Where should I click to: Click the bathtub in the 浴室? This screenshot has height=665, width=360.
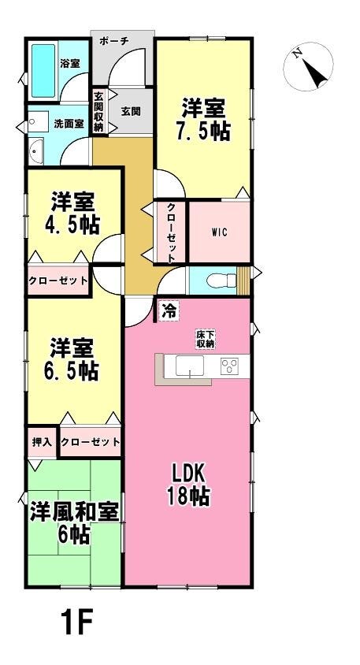coord(43,70)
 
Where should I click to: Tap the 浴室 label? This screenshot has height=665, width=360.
coord(69,64)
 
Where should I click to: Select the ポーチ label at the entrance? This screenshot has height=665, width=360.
coord(114,41)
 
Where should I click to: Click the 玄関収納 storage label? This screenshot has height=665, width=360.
coord(98,113)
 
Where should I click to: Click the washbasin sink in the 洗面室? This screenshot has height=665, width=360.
coord(36,151)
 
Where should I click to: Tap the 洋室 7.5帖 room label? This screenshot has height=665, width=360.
coord(203,120)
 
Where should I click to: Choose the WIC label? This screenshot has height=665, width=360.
coord(220,232)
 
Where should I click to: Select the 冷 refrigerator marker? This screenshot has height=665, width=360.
coord(169,312)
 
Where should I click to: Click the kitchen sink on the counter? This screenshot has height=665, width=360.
coord(190,366)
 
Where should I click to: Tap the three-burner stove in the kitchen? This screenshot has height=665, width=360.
coord(229,366)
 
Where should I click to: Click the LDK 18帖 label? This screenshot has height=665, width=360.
coord(189,485)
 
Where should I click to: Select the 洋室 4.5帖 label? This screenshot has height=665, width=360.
coord(72,214)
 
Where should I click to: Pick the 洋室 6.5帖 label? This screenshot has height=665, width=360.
coord(71,359)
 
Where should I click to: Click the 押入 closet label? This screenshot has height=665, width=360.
coord(42,441)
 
